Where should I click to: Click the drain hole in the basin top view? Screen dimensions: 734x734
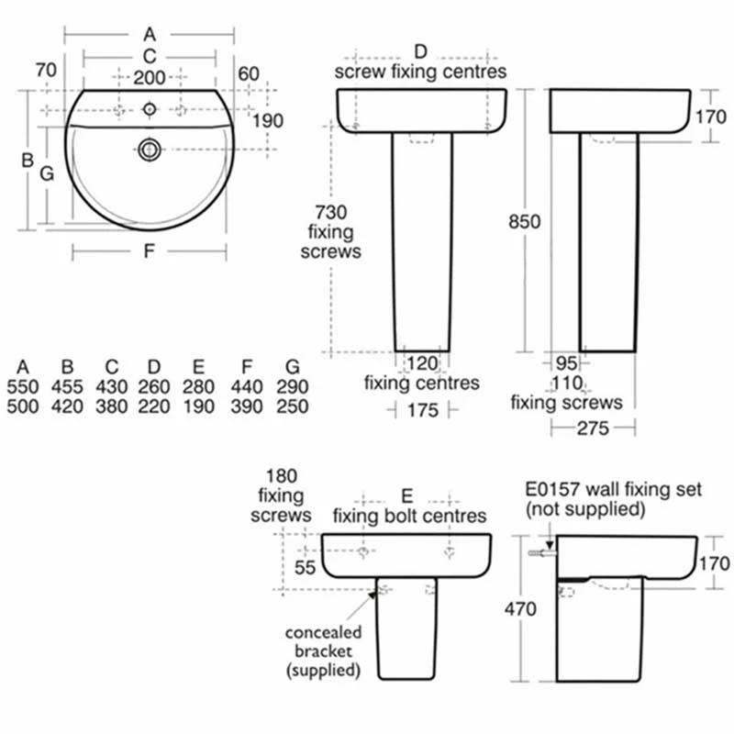click(x=149, y=149)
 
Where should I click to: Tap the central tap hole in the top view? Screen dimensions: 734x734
click(x=149, y=110)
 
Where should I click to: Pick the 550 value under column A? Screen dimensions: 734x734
click(x=22, y=387)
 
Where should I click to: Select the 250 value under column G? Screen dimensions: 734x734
click(x=292, y=406)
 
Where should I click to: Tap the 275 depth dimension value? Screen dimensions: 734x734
click(x=592, y=429)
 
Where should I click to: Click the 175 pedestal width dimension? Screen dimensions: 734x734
click(x=421, y=411)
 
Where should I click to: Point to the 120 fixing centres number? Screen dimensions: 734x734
click(x=421, y=362)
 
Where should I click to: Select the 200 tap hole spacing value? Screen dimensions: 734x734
click(x=149, y=78)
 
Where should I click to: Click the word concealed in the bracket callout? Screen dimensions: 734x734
click(x=323, y=633)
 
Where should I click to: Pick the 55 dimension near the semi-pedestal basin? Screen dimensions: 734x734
click(x=306, y=569)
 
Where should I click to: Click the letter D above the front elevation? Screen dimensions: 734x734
click(x=421, y=50)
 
